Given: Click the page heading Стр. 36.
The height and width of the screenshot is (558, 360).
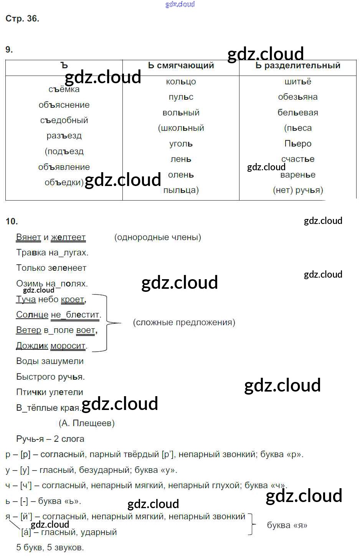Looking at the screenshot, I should pyautogui.click(x=22, y=19).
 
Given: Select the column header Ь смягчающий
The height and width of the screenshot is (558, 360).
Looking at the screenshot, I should pyautogui.click(x=181, y=66).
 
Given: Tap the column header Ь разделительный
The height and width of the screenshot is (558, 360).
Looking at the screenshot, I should pyautogui.click(x=298, y=66).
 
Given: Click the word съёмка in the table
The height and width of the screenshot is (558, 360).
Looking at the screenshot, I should pyautogui.click(x=64, y=89).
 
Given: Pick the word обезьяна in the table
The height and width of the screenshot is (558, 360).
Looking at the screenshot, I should pyautogui.click(x=298, y=97).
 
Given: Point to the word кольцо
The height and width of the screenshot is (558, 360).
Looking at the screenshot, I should pyautogui.click(x=181, y=82).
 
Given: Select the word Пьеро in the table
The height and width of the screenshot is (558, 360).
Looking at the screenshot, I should pyautogui.click(x=298, y=143).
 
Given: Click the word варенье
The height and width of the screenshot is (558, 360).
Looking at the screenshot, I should pyautogui.click(x=298, y=175).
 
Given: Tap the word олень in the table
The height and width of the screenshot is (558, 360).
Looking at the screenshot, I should pyautogui.click(x=181, y=175).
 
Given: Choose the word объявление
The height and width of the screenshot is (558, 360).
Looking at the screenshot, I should pyautogui.click(x=64, y=167).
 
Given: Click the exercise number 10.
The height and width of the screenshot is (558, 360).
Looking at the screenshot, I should pyautogui.click(x=12, y=221).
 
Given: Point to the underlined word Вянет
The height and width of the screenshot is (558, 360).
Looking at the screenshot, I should pyautogui.click(x=28, y=237).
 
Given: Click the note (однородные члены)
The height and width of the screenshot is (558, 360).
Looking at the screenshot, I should pyautogui.click(x=157, y=237).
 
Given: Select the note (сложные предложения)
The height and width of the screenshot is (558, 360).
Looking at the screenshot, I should pyautogui.click(x=184, y=323).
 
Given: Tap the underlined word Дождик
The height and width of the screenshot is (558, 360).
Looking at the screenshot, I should pyautogui.click(x=32, y=346).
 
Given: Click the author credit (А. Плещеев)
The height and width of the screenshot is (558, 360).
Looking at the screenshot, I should pyautogui.click(x=86, y=423).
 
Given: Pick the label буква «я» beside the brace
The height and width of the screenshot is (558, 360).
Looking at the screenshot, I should pyautogui.click(x=287, y=525).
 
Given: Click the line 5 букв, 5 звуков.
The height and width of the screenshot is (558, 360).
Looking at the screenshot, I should pyautogui.click(x=50, y=548).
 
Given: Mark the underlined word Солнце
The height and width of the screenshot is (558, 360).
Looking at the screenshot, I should pyautogui.click(x=32, y=315).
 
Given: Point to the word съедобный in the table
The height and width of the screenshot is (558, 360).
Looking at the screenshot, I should pyautogui.click(x=64, y=120).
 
